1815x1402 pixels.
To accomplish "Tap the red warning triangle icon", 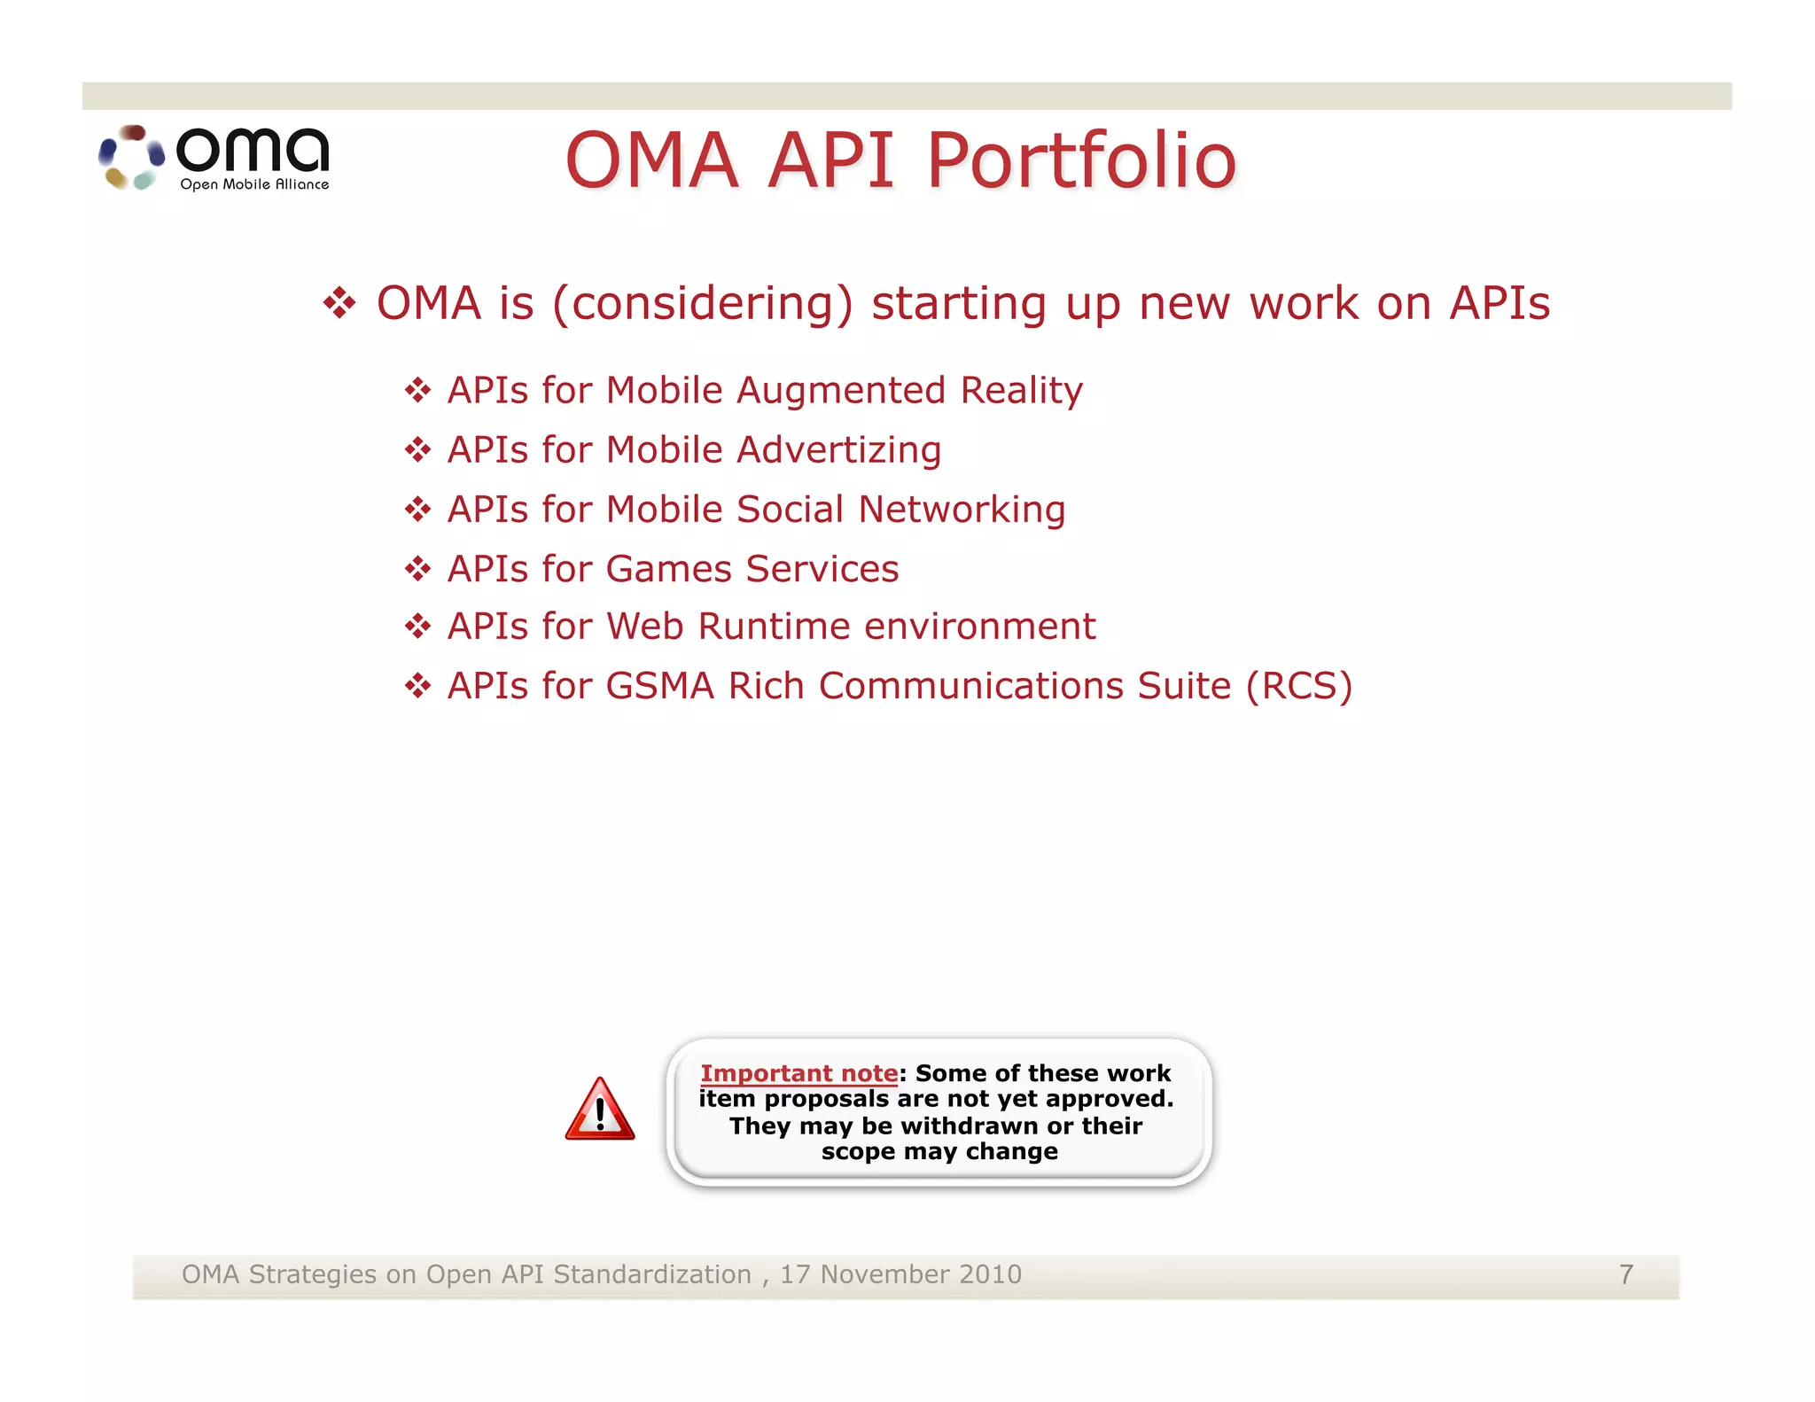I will coord(600,1110).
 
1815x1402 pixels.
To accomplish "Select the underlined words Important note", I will coord(798,1073).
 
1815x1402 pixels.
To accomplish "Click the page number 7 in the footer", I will coord(1625,1274).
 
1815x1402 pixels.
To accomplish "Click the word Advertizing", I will coord(838,450).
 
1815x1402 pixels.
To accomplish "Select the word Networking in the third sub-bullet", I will coord(962,510).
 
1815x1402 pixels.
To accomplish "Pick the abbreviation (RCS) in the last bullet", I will coord(1298,686).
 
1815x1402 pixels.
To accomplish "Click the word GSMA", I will coord(660,686).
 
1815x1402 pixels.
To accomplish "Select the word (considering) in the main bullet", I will coord(703,304).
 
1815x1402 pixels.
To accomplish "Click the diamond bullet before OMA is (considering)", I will coord(339,304).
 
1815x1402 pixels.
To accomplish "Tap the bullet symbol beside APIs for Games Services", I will coord(417,569).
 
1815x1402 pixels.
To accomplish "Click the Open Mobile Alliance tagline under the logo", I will coord(254,184).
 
